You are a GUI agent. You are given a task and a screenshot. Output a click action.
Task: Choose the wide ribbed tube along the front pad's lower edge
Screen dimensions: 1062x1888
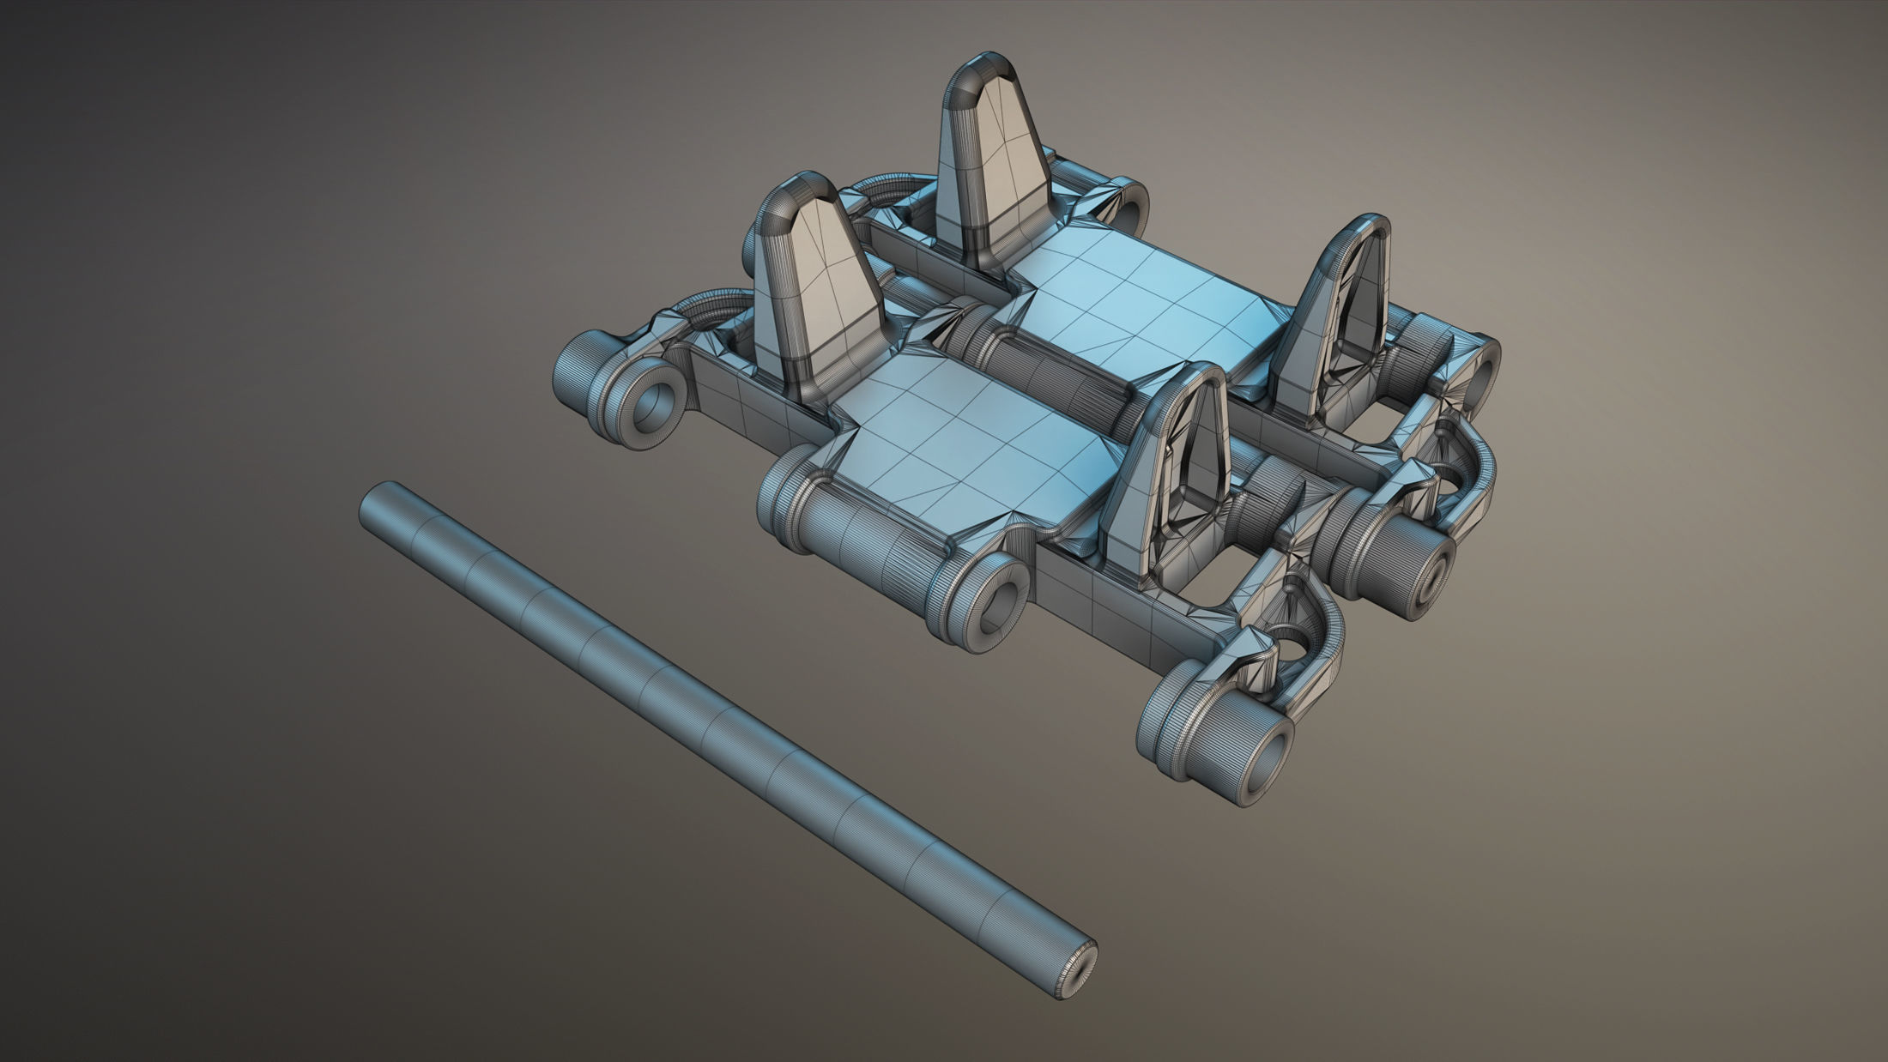coord(867,549)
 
